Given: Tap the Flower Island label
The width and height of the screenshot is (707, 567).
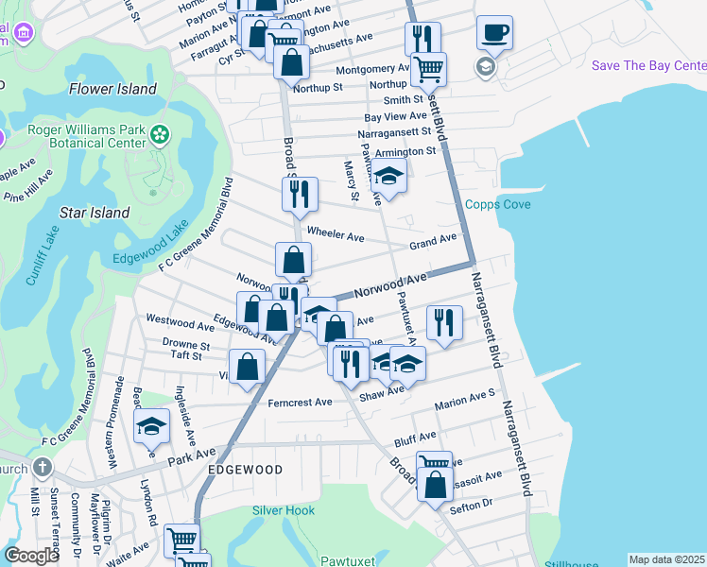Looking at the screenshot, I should click(112, 90).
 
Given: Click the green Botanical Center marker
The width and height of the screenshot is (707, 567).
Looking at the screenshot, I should click(160, 135).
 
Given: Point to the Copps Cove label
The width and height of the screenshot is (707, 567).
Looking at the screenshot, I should click(497, 205).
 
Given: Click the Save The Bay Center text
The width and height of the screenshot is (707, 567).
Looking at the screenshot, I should click(648, 65).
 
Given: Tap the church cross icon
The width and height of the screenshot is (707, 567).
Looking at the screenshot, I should click(43, 467).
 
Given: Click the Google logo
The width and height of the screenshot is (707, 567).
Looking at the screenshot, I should click(31, 556).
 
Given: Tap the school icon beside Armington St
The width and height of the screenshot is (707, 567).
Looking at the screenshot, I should click(388, 175).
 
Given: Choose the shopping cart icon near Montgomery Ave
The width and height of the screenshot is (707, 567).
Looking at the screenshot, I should click(429, 69).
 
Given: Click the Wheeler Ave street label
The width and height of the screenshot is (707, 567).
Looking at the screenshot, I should click(336, 235).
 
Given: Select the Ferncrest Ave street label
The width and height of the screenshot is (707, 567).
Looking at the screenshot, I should click(300, 403).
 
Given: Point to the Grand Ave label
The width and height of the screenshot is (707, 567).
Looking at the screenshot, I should click(433, 243).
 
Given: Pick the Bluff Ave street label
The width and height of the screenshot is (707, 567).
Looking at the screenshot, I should click(415, 437).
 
